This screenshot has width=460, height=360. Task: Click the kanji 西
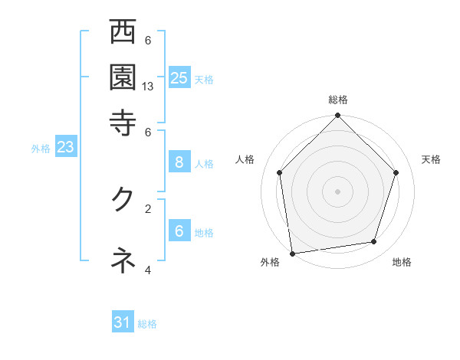[x=123, y=34]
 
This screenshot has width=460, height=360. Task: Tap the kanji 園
[x=123, y=77]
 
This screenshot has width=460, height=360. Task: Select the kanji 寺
[x=123, y=122]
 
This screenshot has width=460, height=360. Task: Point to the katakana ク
[x=123, y=198]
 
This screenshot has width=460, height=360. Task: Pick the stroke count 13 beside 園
[x=148, y=87]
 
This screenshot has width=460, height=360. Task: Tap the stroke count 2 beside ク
[x=148, y=208]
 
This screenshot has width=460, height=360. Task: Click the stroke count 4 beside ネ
[x=148, y=270]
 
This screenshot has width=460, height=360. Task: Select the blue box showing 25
[x=179, y=77]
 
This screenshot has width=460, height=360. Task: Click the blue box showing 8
[x=179, y=162]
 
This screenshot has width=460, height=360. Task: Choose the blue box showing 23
[x=65, y=148]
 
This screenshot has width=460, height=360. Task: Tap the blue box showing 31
[x=123, y=322]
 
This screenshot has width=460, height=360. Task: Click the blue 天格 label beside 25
[x=204, y=79]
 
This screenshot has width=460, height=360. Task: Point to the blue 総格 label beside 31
[x=147, y=324]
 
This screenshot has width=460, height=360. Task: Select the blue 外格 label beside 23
[x=40, y=149]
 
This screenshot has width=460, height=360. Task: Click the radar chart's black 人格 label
[x=245, y=159]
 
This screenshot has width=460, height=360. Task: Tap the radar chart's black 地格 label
[x=402, y=262]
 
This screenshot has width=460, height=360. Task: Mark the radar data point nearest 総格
[x=337, y=116]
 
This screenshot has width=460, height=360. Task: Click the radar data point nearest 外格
[x=292, y=253]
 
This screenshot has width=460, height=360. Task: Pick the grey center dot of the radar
[x=337, y=191]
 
